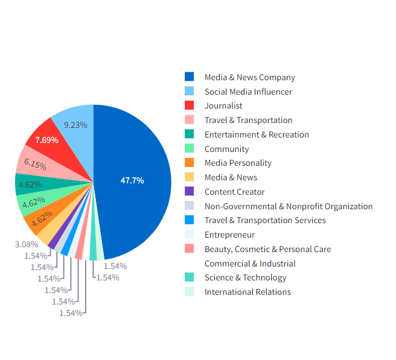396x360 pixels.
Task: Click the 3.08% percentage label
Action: (26, 244)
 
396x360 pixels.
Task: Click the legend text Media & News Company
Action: (249, 77)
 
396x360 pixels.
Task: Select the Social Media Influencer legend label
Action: (248, 92)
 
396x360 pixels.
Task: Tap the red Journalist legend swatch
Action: (190, 106)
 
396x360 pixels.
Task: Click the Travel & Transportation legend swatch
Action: (190, 120)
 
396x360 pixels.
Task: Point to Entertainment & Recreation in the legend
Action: (257, 134)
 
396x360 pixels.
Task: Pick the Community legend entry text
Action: (226, 149)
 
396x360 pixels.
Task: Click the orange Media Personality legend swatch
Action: (190, 163)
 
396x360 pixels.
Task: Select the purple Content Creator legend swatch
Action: (190, 192)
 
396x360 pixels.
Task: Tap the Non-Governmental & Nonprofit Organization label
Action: (289, 206)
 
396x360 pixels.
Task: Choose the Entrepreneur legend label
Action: (229, 235)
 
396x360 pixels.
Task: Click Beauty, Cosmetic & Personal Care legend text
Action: (267, 249)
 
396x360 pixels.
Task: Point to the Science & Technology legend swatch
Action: (190, 277)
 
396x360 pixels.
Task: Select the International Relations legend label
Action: (247, 292)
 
